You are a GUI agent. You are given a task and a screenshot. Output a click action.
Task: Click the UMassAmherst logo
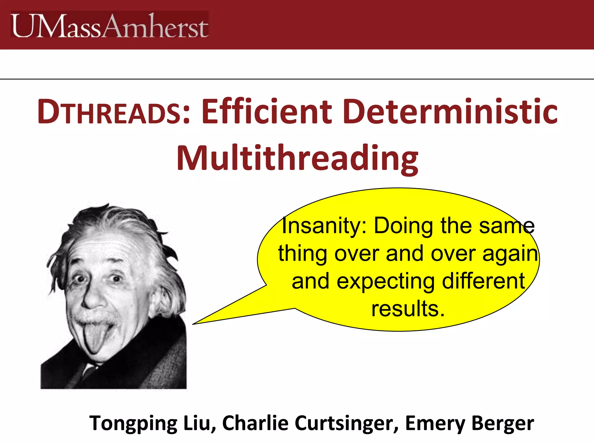[109, 25]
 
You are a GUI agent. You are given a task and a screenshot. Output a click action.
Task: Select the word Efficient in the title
[267, 112]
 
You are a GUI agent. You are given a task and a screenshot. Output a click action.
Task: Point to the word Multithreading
[297, 159]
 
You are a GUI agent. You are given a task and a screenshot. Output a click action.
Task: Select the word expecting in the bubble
[386, 281]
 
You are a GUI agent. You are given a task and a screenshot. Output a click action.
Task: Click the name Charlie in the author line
[255, 423]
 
